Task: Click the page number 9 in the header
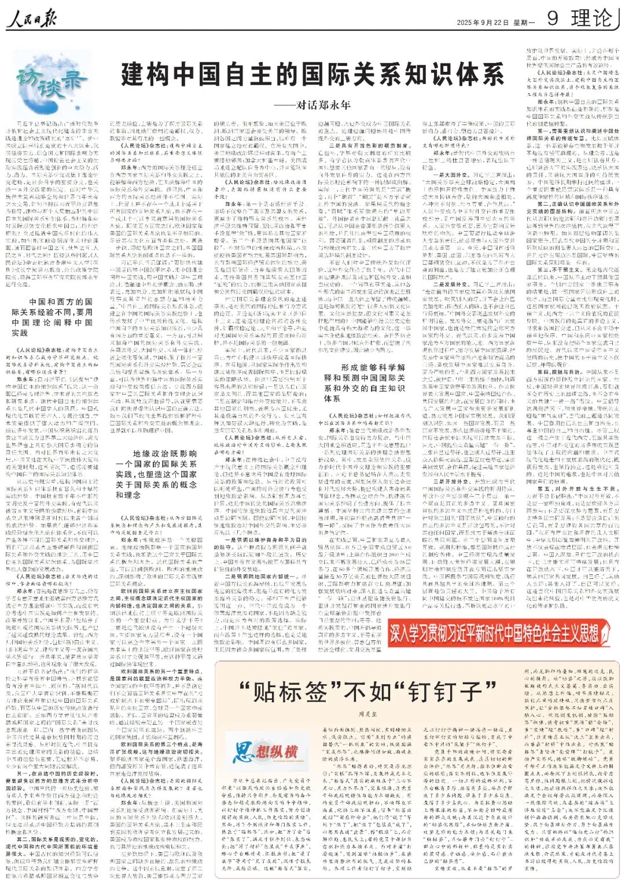tap(552, 19)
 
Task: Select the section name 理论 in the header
tap(591, 19)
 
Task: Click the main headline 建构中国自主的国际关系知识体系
tap(312, 75)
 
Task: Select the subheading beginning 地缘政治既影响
tap(164, 474)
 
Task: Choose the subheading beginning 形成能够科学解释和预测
tap(364, 383)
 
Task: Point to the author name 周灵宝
tap(368, 715)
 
